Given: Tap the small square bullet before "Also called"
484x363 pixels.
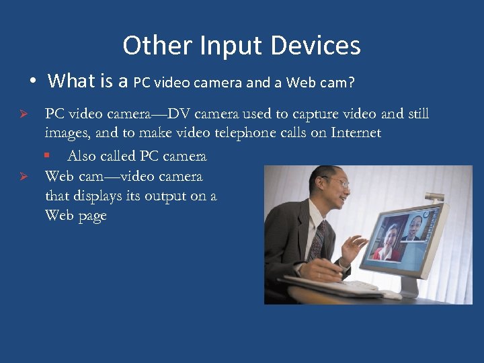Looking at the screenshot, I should point(47,155).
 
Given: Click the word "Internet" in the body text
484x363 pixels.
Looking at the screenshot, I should point(356,132).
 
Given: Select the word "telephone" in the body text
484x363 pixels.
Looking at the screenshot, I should point(245,132).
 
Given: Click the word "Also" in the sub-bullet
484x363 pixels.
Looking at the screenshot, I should point(81,156).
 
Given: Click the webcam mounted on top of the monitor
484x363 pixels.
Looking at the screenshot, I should point(436,197).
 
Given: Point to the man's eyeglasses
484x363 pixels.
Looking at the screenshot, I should point(336,182).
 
